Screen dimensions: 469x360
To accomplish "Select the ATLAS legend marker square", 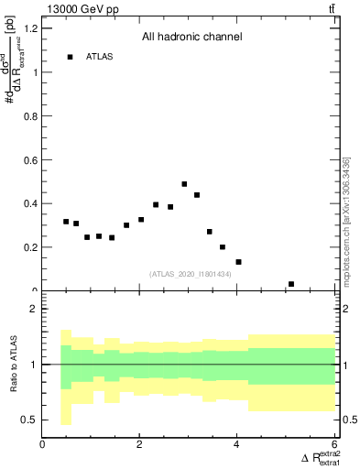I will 70,57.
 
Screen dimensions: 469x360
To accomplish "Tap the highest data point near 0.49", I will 184,184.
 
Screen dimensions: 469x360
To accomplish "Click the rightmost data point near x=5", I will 291,284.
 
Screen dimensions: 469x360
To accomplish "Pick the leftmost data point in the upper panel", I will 66,222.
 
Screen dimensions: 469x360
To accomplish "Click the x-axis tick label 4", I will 236,446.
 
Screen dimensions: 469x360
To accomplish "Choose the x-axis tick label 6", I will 333,446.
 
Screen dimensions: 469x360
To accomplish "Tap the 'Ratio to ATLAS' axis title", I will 12,365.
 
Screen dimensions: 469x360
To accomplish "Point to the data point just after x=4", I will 238,262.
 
